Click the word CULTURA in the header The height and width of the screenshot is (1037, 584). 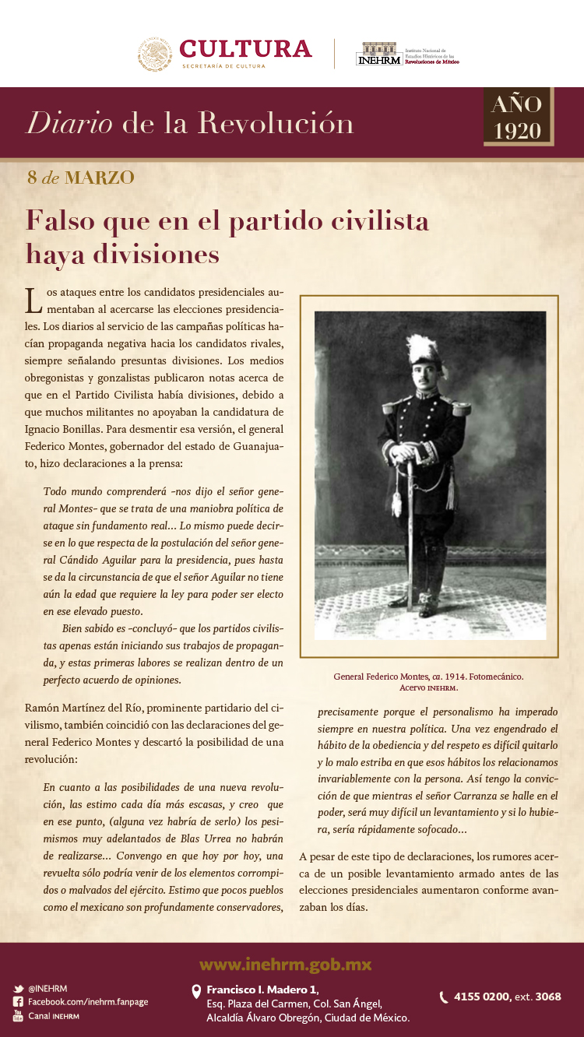click(245, 49)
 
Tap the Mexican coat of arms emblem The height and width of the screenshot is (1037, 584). click(155, 54)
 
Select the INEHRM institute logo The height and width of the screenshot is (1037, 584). click(379, 54)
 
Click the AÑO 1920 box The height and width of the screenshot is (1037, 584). click(517, 117)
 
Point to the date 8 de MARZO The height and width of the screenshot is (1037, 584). click(80, 178)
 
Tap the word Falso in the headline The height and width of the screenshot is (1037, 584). click(62, 221)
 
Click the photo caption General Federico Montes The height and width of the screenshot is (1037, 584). click(428, 677)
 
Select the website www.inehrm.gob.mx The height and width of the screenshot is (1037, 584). click(285, 965)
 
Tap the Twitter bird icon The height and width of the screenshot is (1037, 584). click(18, 989)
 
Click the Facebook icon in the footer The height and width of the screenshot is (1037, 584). click(18, 1002)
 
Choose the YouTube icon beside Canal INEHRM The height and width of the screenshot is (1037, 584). click(18, 1016)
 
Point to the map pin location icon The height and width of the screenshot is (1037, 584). click(196, 990)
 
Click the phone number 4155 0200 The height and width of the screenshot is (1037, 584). click(481, 997)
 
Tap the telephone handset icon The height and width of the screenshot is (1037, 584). click(444, 997)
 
